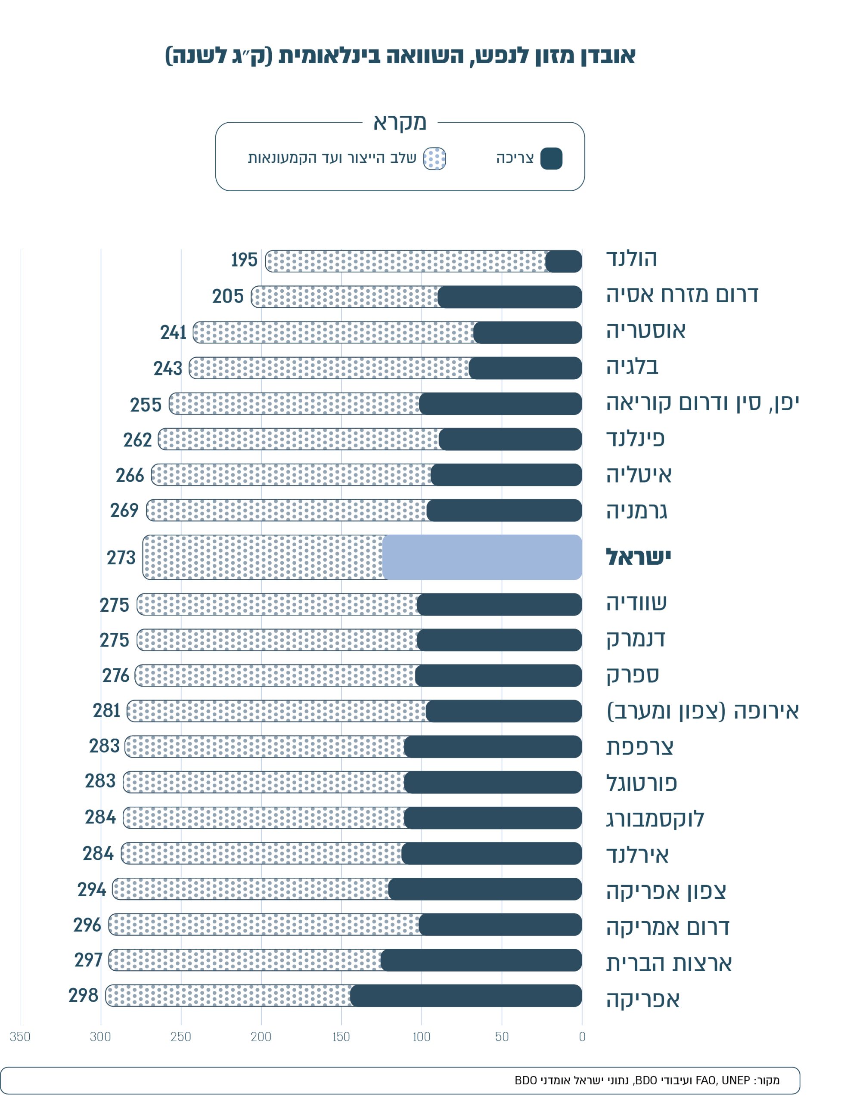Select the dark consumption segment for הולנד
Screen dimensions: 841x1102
pos(563,261)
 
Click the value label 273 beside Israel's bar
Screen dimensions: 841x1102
pos(121,557)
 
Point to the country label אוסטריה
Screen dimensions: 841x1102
pos(646,331)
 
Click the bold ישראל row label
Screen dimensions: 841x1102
pos(638,557)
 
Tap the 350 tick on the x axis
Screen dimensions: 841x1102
pos(20,1037)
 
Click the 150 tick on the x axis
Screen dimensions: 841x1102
pos(341,1037)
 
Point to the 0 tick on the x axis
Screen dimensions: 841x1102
pos(582,1037)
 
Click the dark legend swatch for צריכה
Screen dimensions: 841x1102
pos(551,159)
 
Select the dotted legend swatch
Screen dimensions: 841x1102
pos(434,159)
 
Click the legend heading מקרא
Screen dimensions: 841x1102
pos(400,122)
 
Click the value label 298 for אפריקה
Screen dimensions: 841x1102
pos(84,995)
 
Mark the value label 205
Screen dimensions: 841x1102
pos(228,296)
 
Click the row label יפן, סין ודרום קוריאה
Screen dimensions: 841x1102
pos(702,403)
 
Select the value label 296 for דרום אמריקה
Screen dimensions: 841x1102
pos(87,925)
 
